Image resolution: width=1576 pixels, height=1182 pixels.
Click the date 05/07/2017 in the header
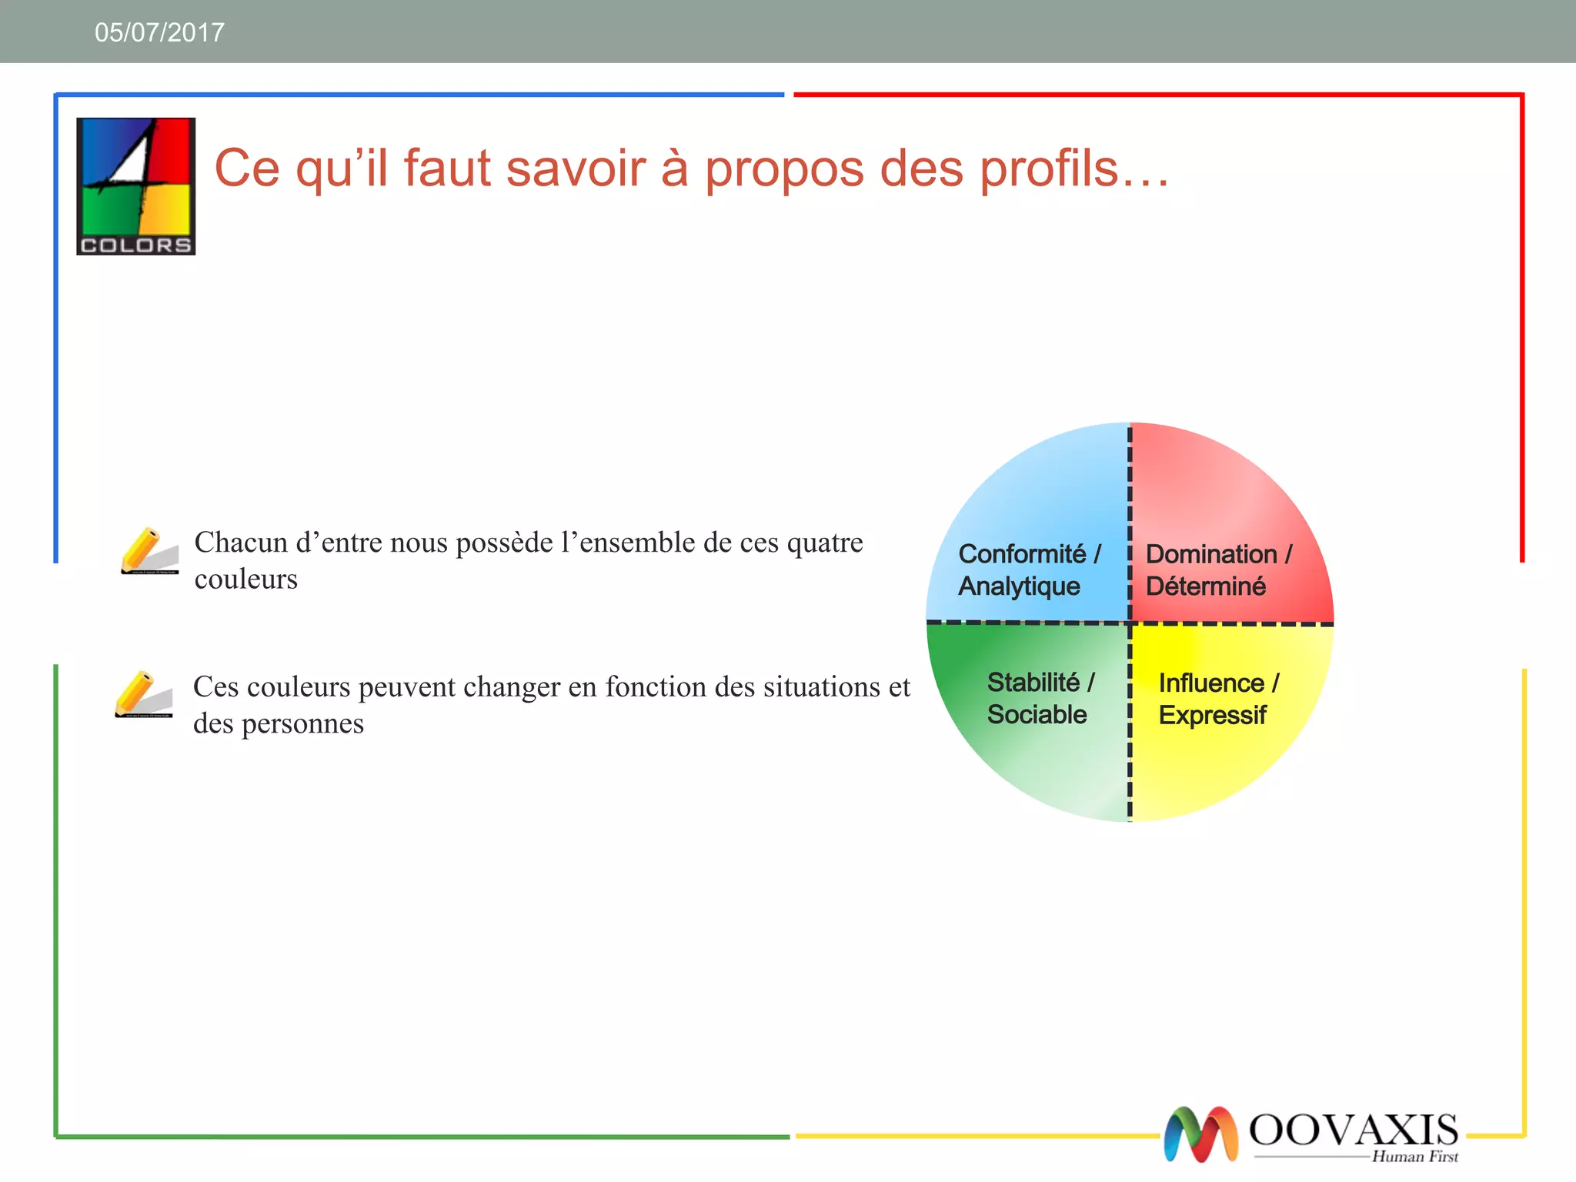coord(159,32)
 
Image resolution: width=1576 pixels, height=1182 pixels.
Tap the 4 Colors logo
coord(135,185)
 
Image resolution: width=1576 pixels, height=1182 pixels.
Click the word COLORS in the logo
coord(135,245)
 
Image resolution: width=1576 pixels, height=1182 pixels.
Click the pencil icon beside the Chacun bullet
coord(149,550)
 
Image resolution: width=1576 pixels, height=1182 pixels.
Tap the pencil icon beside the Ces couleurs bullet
coord(143,694)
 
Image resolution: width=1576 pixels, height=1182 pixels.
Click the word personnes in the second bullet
coord(302,723)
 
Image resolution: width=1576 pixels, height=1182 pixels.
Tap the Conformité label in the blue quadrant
coord(1022,553)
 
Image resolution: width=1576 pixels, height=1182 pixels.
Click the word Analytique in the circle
coord(1019,586)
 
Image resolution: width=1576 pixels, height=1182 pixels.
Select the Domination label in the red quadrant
coord(1211,553)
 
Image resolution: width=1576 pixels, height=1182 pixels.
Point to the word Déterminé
coord(1205,586)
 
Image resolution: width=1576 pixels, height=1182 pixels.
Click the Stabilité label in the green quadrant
coord(1033,682)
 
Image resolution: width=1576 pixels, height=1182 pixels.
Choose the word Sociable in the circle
coord(1037,715)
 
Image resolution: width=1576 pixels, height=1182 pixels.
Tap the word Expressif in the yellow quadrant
coord(1212,715)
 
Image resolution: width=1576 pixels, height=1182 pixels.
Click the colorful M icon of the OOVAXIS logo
coord(1200,1134)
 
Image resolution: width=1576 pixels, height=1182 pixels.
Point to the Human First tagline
coord(1414,1157)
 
